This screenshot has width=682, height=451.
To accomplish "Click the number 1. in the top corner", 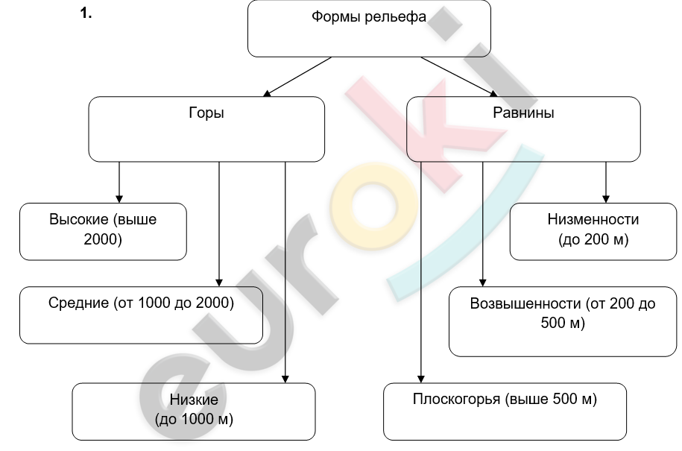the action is click(86, 13).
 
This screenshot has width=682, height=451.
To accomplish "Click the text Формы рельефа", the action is click(369, 17).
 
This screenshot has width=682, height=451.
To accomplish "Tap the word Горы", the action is click(206, 113).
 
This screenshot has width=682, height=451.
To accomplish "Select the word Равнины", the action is click(523, 113).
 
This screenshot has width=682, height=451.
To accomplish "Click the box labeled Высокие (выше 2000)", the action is click(103, 231).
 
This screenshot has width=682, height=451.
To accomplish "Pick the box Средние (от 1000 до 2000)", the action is click(142, 315).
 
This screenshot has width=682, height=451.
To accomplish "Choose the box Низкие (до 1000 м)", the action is click(194, 411).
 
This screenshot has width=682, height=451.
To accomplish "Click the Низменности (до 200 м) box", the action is click(593, 231).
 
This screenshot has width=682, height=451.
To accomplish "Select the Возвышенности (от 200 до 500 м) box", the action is click(563, 321).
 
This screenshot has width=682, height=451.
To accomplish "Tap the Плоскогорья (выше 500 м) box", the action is click(505, 411).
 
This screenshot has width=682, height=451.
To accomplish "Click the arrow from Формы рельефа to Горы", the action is click(297, 77).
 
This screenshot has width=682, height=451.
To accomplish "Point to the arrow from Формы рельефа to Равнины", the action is click(459, 77).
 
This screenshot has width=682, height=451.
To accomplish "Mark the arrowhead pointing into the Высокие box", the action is click(119, 199).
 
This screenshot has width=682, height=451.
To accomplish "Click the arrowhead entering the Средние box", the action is click(219, 283).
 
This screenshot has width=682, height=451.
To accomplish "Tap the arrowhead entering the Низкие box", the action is click(285, 379).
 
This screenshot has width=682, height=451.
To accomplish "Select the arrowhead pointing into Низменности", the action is click(606, 199).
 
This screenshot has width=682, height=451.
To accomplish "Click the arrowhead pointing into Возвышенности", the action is click(482, 283).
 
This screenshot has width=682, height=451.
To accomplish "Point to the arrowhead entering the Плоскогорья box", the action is click(420, 379).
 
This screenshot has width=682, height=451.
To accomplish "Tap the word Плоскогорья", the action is click(456, 400).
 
